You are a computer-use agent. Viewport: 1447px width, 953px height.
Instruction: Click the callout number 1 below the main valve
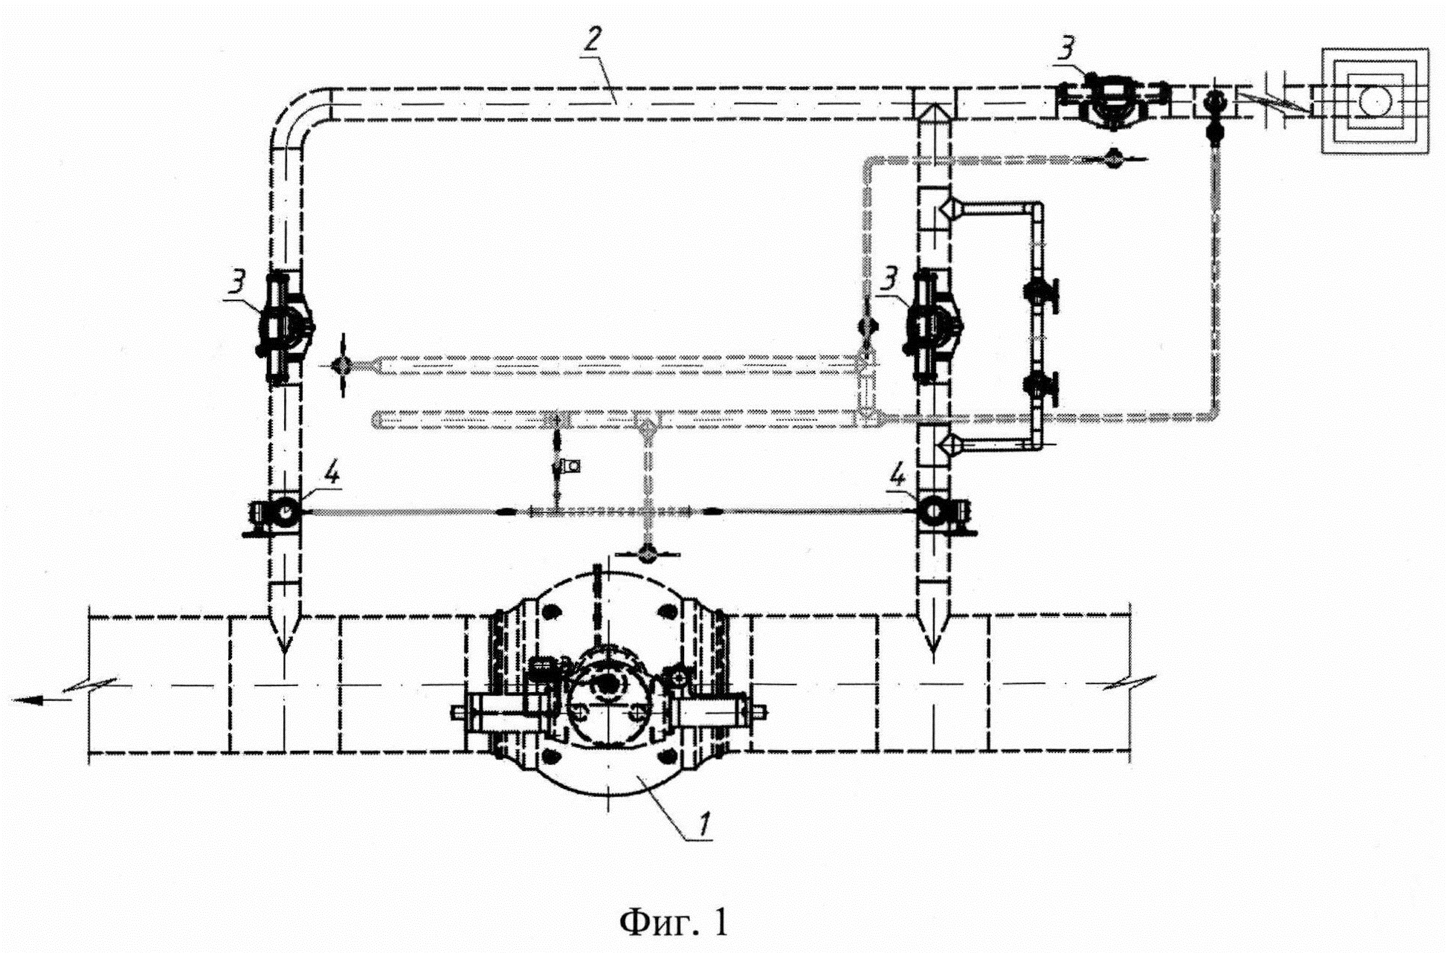click(704, 824)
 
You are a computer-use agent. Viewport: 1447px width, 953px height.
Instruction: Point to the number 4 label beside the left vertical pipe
click(332, 474)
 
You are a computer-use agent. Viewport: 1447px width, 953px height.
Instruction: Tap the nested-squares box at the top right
click(1375, 101)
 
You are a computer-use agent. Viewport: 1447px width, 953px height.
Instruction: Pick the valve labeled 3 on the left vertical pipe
click(285, 328)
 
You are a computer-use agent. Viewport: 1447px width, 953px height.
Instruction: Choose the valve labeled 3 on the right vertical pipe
click(932, 328)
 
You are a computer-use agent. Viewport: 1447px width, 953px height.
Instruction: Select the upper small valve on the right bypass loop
click(1038, 292)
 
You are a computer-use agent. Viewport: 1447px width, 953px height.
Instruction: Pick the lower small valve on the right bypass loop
click(1038, 387)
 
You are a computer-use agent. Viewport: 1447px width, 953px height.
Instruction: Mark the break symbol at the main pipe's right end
click(1128, 682)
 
